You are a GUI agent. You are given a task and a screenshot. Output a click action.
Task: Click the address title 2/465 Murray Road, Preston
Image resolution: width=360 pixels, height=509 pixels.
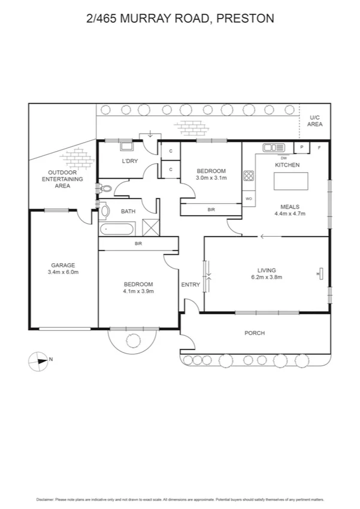pyautogui.click(x=180, y=19)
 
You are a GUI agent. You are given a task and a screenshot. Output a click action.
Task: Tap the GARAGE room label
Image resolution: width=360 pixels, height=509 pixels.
pyautogui.click(x=62, y=264)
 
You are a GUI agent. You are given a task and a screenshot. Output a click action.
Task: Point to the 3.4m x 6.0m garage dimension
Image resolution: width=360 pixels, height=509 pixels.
pyautogui.click(x=62, y=272)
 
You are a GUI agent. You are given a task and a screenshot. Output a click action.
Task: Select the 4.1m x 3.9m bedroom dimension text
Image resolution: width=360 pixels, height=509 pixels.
pyautogui.click(x=138, y=291)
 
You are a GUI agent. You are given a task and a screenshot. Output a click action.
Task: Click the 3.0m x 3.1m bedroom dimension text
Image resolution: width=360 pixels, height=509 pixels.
pyautogui.click(x=211, y=178)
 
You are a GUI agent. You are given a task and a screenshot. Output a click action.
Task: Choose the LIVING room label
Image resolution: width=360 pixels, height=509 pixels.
pyautogui.click(x=267, y=269)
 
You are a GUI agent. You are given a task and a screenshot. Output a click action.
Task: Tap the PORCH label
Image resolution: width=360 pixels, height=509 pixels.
pyautogui.click(x=255, y=333)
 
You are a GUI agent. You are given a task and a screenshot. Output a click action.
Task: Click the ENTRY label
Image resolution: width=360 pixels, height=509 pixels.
pyautogui.click(x=190, y=285)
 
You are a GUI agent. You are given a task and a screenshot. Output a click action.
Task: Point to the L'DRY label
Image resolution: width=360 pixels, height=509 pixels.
pyautogui.click(x=130, y=162)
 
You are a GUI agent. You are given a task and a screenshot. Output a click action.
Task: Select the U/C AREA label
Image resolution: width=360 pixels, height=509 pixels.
pyautogui.click(x=315, y=121)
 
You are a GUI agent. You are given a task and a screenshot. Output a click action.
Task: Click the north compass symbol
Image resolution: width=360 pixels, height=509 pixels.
pyautogui.click(x=38, y=360)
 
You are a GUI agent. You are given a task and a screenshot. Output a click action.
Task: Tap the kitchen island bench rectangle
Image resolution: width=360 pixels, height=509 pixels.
pyautogui.click(x=291, y=180)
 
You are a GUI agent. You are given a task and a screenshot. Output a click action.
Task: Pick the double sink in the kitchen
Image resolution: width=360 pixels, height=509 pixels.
pyautogui.click(x=273, y=147)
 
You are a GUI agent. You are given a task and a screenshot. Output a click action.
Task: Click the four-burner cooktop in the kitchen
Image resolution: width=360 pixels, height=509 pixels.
pyautogui.click(x=249, y=176)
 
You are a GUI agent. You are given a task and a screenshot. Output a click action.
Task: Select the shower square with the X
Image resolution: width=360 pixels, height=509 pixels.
pyautogui.click(x=149, y=228)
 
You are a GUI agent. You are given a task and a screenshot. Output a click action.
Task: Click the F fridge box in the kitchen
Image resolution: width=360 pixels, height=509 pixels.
pyautogui.click(x=319, y=147)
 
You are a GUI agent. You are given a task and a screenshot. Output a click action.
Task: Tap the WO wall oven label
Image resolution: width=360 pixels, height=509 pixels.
pyautogui.click(x=249, y=198)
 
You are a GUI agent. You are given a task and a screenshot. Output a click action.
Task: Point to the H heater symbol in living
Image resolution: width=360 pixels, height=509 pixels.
pyautogui.click(x=319, y=274)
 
